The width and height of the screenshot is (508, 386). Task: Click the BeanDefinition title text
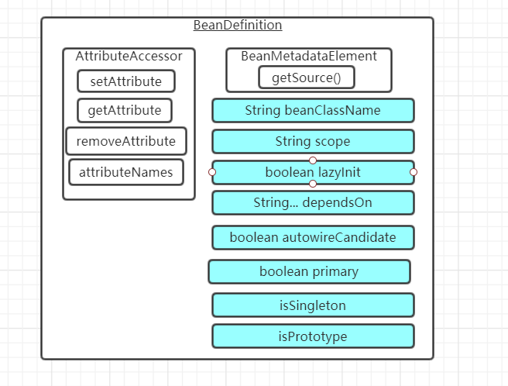[x=237, y=25]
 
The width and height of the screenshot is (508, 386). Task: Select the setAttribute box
[x=125, y=81]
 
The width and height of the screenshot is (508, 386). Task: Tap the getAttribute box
[x=124, y=110]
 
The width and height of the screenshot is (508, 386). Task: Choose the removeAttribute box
[x=125, y=142]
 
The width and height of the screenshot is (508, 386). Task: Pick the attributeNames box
[x=125, y=171]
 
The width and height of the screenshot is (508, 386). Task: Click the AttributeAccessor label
[x=129, y=56]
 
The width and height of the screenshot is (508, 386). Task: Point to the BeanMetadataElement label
[x=308, y=56]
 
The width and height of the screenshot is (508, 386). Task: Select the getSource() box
[x=306, y=78]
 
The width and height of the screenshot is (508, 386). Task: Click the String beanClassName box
[x=312, y=110]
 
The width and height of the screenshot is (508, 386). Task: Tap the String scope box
[x=312, y=141]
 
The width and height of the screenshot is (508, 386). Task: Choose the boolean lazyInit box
[x=312, y=172]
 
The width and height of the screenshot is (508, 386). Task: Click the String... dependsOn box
[x=312, y=202]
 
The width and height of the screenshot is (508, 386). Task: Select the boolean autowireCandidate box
[x=312, y=237]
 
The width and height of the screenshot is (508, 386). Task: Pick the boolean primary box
[x=308, y=271]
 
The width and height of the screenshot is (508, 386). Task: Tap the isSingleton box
[x=312, y=305]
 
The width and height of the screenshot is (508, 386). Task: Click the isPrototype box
[x=312, y=336]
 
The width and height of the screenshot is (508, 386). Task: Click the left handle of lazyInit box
[x=212, y=171]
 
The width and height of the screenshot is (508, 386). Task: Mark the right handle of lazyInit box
[x=414, y=171]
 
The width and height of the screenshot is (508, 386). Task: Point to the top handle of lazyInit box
[x=313, y=160]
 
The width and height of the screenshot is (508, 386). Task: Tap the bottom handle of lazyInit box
[x=313, y=184]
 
